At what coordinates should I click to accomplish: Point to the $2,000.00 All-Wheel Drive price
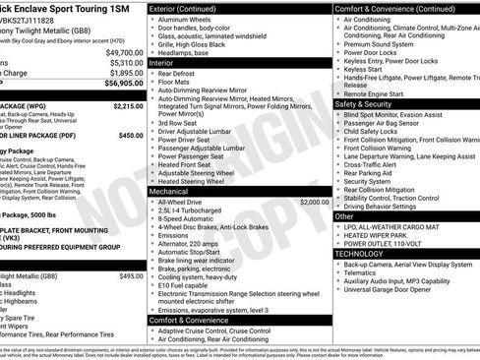coord(315,202)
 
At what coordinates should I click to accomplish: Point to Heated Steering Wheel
coord(195,181)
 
